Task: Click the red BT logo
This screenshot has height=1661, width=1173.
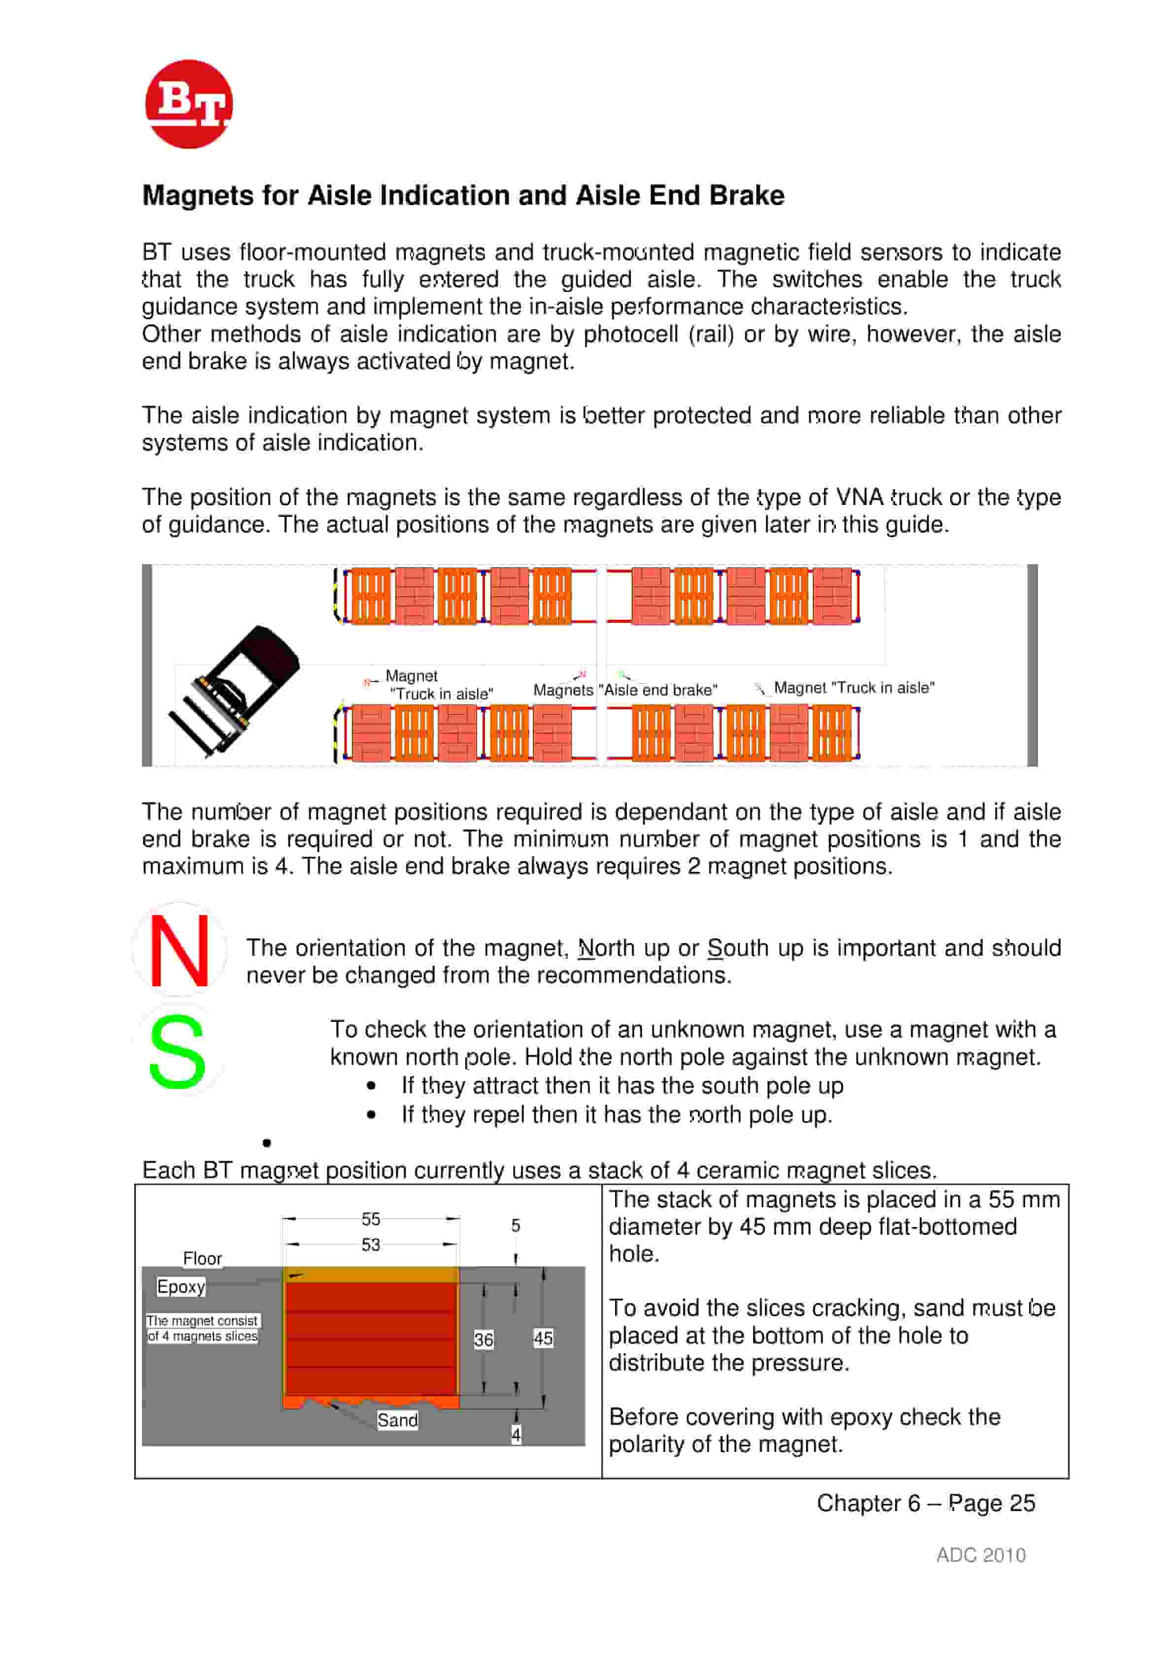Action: [x=189, y=104]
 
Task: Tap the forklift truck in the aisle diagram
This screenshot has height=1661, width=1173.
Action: [x=236, y=691]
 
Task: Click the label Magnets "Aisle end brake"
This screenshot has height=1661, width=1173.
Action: [x=625, y=690]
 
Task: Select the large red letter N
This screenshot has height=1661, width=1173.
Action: [x=179, y=950]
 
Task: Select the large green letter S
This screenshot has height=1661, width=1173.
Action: [x=177, y=1051]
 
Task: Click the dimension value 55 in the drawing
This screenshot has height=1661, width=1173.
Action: [x=371, y=1219]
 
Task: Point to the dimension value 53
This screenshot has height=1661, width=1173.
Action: [x=371, y=1245]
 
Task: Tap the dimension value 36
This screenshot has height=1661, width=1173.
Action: [x=484, y=1340]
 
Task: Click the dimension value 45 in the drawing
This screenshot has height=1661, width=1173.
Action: [x=543, y=1338]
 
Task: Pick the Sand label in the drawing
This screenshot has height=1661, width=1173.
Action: [x=397, y=1420]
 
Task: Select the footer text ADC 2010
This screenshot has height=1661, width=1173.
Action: [x=981, y=1555]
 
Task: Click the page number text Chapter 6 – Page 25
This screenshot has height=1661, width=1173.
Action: [x=926, y=1503]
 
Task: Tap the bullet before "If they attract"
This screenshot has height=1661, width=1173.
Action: [x=371, y=1086]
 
